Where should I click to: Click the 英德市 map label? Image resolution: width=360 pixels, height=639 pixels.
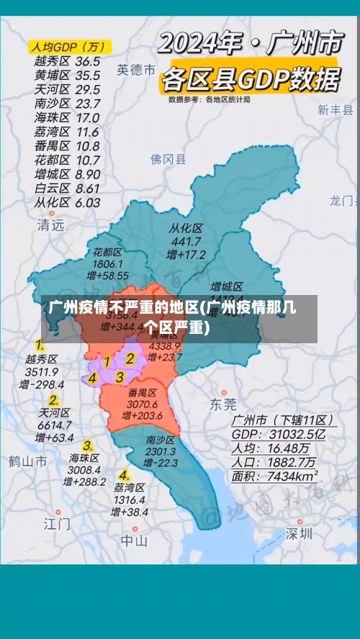coord(136,70)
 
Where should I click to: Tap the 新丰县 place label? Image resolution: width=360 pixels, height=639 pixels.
coord(336,110)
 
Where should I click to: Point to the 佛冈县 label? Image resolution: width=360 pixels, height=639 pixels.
coord(168,159)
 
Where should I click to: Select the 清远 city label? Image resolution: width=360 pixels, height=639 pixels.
coord(50,225)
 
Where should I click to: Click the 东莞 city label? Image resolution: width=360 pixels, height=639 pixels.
coord(222,404)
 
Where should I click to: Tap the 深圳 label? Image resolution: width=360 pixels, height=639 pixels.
coord(298,533)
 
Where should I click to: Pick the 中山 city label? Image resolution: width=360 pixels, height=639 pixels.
coord(134,540)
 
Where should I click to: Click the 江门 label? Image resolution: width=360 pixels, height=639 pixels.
coord(57,522)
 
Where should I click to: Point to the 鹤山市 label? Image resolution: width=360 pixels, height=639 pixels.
coord(28,461)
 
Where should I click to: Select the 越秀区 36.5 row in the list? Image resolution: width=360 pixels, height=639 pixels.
coord(67,61)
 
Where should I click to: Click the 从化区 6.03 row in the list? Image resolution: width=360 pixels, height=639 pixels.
coord(67,202)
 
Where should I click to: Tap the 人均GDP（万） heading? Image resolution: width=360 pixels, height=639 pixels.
coord(67,47)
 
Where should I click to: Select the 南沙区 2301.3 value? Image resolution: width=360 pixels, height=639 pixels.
coord(161,451)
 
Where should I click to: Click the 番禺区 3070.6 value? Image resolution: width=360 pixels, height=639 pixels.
coord(142,404)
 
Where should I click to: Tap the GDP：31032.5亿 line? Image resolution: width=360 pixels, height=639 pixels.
coord(278,435)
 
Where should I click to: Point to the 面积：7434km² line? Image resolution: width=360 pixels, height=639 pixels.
coord(275,476)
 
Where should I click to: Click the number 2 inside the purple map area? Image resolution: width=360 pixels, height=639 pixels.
coord(130,358)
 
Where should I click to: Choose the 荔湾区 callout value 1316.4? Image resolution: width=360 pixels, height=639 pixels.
coord(130,499)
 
